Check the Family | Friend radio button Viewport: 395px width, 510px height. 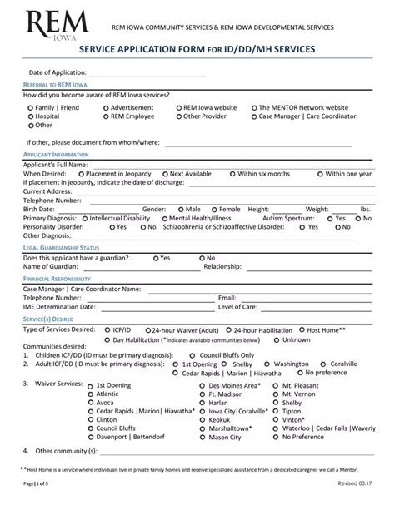tap(31, 108)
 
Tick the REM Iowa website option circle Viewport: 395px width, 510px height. tap(179, 108)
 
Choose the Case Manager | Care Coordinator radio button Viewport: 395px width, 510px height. tap(254, 116)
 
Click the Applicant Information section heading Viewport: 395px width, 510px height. tap(56, 156)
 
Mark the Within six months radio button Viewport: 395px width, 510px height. tap(233, 174)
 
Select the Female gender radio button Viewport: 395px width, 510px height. tap(214, 209)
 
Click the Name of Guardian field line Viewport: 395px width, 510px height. tap(125, 268)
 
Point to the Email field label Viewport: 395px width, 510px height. tap(227, 297)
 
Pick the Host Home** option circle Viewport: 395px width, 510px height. tap(302, 330)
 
